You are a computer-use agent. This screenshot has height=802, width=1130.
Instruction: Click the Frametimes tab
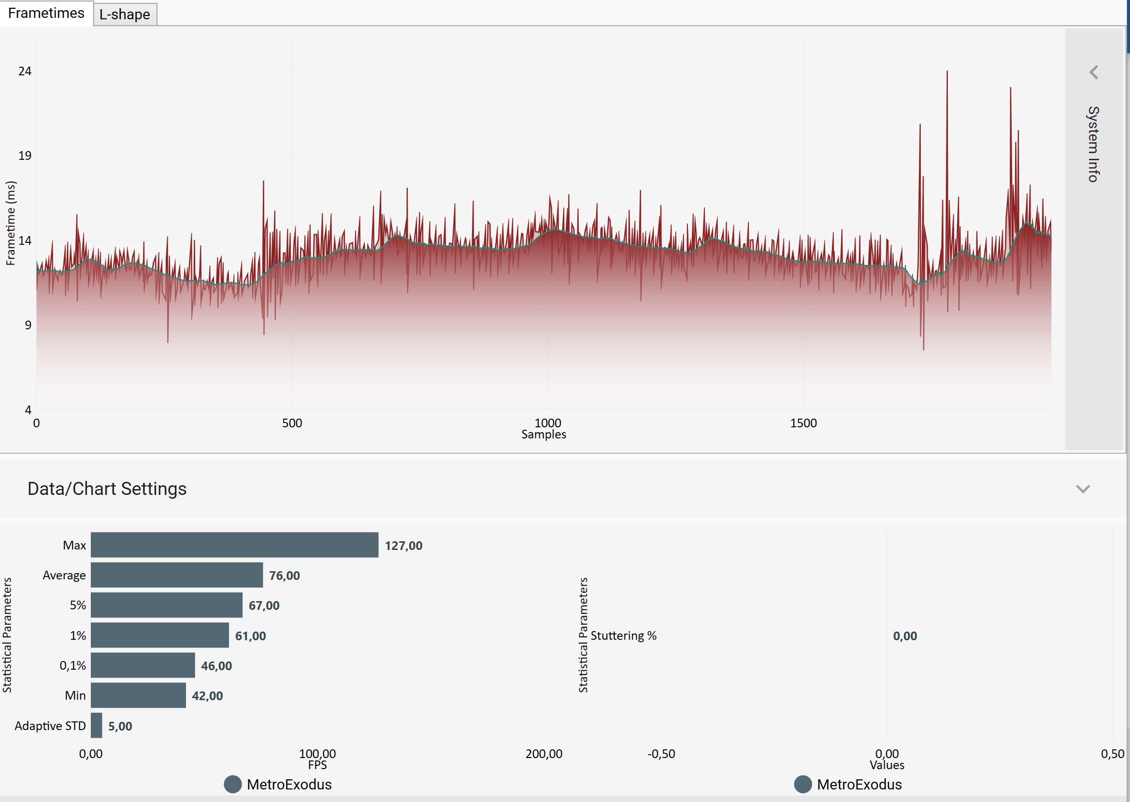[x=46, y=13]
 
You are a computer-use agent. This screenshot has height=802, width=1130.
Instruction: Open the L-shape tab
[x=125, y=14]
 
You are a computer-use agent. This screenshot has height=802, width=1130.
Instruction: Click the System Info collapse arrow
[x=1094, y=72]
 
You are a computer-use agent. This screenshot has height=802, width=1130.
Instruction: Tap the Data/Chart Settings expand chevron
[x=1083, y=489]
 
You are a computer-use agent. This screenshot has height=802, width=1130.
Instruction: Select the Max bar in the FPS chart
[x=234, y=545]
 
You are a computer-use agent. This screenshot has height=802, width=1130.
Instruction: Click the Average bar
[x=176, y=575]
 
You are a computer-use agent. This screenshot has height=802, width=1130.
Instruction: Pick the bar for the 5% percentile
[x=167, y=605]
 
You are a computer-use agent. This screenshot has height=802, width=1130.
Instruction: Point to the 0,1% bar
[x=143, y=665]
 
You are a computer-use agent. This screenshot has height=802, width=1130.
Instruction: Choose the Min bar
[x=138, y=695]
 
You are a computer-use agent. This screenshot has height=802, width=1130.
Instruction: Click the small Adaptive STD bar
[x=96, y=725]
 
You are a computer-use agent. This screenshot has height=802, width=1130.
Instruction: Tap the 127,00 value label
[x=404, y=546]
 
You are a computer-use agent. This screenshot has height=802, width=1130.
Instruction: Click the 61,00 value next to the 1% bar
[x=251, y=635]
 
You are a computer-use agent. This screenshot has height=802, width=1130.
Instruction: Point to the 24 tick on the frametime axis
[x=25, y=71]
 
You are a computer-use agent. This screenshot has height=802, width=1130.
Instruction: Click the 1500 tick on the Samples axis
[x=803, y=423]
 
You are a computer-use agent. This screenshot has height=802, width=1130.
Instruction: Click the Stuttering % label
[x=624, y=635]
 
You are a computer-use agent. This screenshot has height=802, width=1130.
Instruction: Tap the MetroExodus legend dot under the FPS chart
[x=233, y=784]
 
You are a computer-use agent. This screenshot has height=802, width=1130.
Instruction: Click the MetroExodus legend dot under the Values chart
[x=803, y=784]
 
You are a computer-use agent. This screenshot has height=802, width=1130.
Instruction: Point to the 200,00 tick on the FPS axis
[x=544, y=754]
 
